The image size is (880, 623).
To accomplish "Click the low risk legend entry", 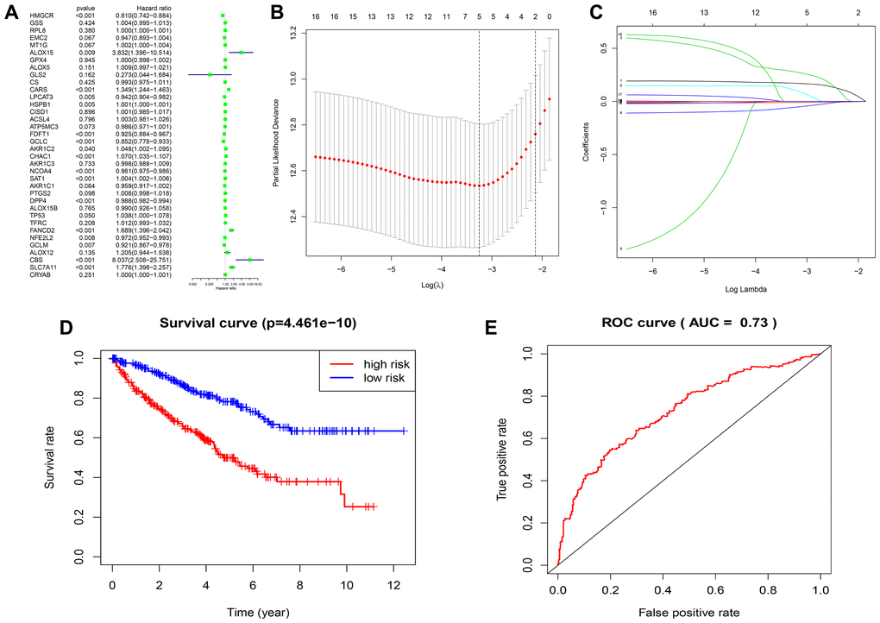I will point(363,377).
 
